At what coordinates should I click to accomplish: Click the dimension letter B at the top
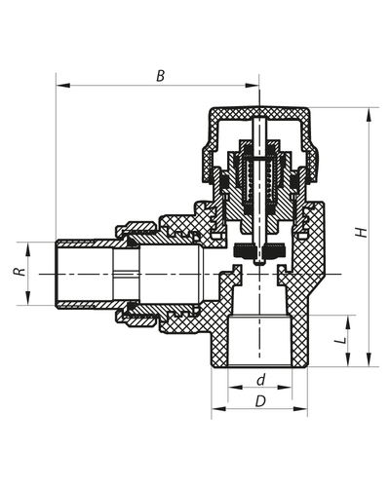[x=160, y=74]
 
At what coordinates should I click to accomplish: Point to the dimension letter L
[x=339, y=341]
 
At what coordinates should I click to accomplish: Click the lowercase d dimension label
[x=260, y=379]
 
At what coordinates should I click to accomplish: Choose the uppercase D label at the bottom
[x=260, y=401]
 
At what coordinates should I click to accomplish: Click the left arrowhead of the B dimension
[x=60, y=85]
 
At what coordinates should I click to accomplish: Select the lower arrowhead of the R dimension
[x=28, y=301]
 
